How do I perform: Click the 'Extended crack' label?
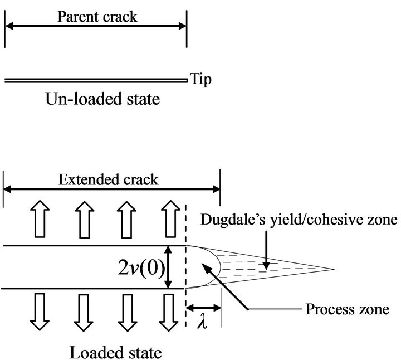109,179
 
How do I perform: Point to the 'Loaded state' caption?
116,352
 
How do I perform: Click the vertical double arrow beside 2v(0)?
170,267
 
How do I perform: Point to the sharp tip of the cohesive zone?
333,270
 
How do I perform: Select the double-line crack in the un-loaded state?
95,81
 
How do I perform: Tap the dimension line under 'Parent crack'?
95,26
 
